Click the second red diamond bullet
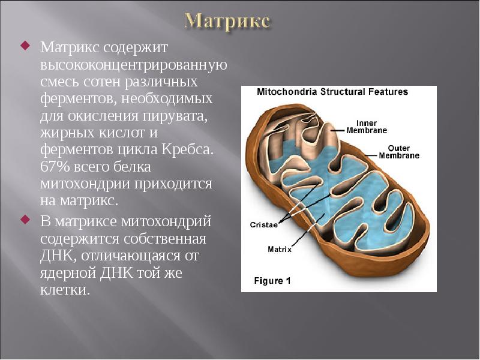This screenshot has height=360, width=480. coord(25,220)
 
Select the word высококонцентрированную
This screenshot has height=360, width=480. coord(133,64)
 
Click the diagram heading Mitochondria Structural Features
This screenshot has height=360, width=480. coord(332,92)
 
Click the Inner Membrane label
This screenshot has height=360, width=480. coord(367,127)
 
